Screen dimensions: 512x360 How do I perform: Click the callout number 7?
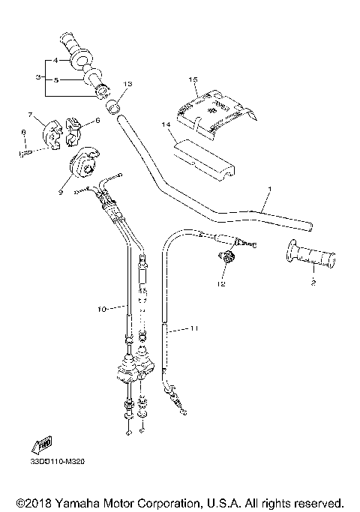pyautogui.click(x=32, y=115)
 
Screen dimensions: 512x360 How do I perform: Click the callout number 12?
pyautogui.click(x=221, y=284)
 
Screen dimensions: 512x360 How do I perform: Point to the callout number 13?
pyautogui.click(x=127, y=83)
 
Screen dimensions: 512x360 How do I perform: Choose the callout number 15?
pyautogui.click(x=193, y=79)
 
